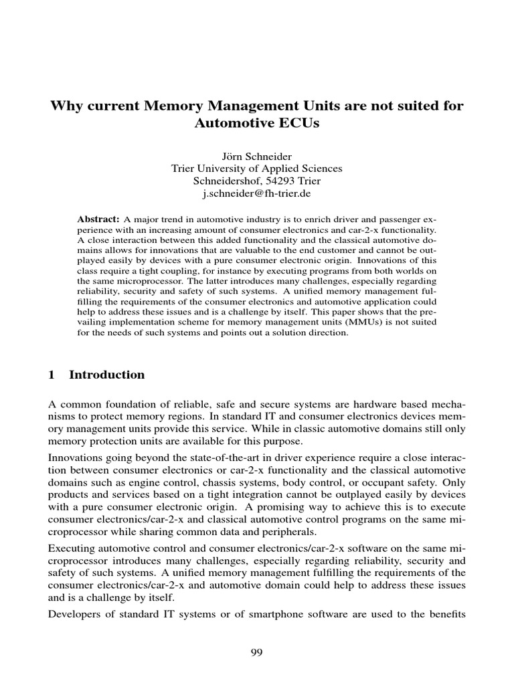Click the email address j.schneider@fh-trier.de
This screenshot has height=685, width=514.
257,194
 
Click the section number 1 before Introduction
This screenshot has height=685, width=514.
52,375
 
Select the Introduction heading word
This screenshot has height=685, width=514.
107,375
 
